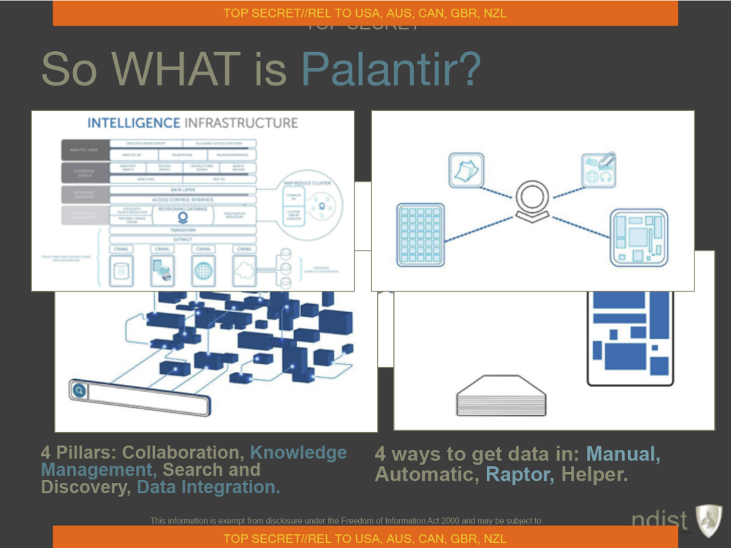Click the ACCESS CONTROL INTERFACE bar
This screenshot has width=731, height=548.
click(x=183, y=199)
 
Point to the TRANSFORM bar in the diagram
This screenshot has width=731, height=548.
click(x=183, y=229)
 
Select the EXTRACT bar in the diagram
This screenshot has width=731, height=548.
click(x=183, y=239)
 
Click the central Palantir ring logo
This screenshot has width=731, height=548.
click(x=531, y=199)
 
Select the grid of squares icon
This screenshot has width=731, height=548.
click(x=420, y=234)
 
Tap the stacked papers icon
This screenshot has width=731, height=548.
click(x=464, y=169)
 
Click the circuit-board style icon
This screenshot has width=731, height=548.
click(x=638, y=237)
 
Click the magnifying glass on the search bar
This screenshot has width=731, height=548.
click(x=79, y=391)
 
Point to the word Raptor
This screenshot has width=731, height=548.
click(x=520, y=474)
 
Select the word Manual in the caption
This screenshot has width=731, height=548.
click(x=623, y=454)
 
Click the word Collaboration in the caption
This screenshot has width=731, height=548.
click(x=181, y=453)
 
